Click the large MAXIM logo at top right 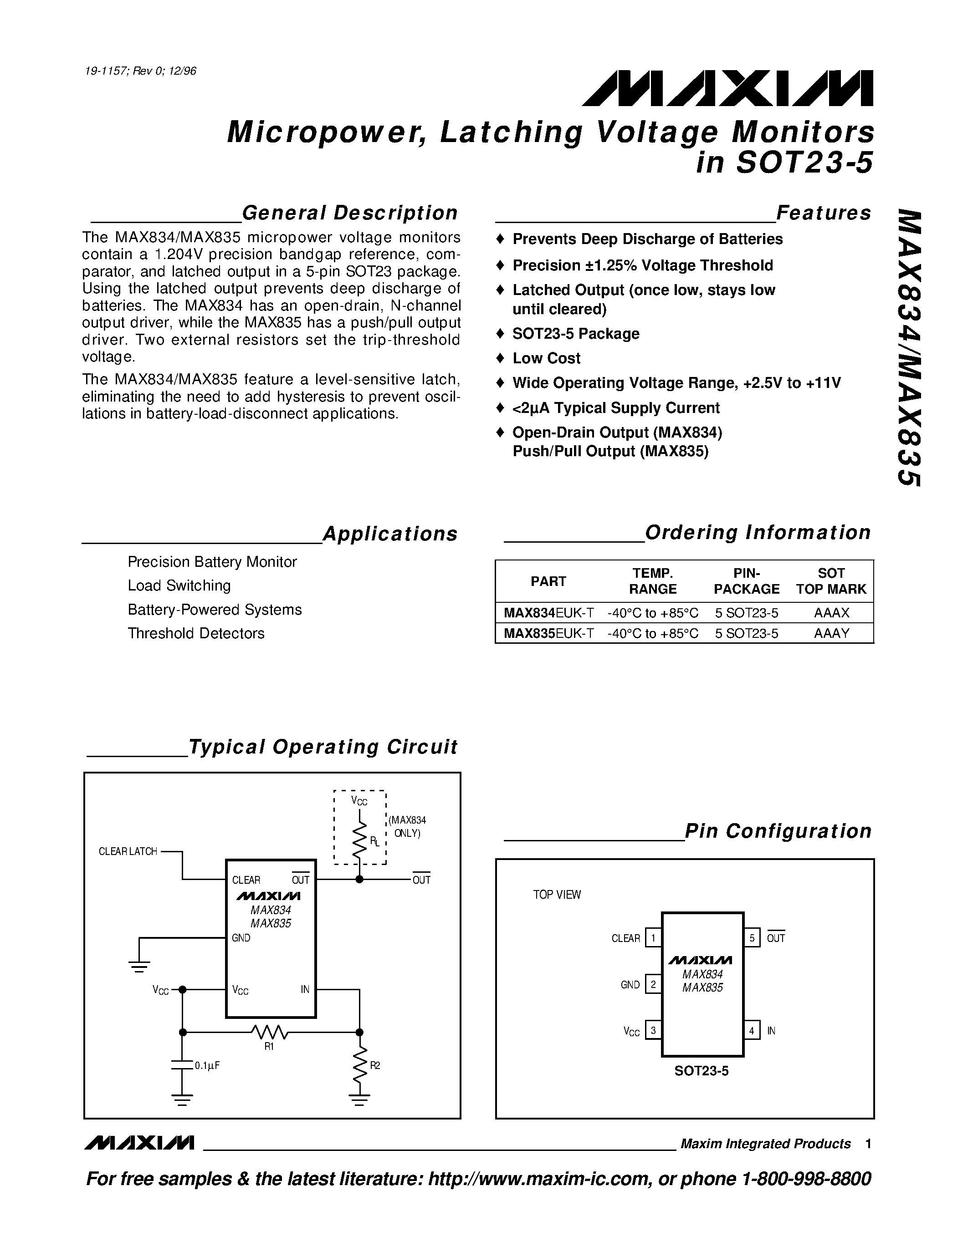[x=727, y=89]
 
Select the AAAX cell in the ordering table [x=831, y=613]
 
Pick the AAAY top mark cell [x=831, y=633]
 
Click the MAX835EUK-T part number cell [x=548, y=633]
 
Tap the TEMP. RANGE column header [x=653, y=581]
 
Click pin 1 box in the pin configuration [x=653, y=938]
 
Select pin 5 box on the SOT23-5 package [x=752, y=938]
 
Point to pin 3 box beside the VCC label [x=653, y=1030]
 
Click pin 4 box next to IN [x=752, y=1030]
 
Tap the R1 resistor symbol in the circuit [x=270, y=1033]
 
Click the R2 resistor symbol [x=359, y=1065]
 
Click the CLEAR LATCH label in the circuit [x=128, y=852]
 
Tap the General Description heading [x=350, y=213]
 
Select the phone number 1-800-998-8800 [x=806, y=1179]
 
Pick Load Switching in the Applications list [x=179, y=585]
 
